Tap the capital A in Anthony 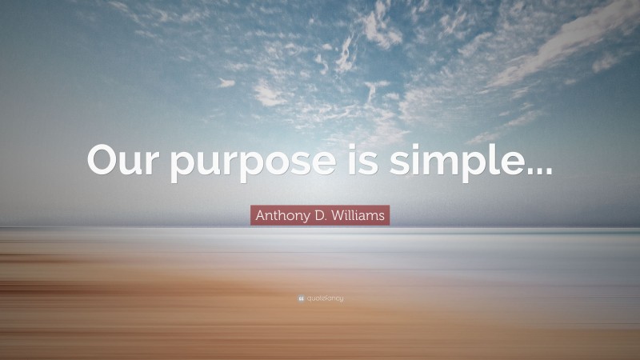click(x=260, y=214)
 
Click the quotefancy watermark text click(x=324, y=298)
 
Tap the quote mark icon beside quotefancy click(x=300, y=298)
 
